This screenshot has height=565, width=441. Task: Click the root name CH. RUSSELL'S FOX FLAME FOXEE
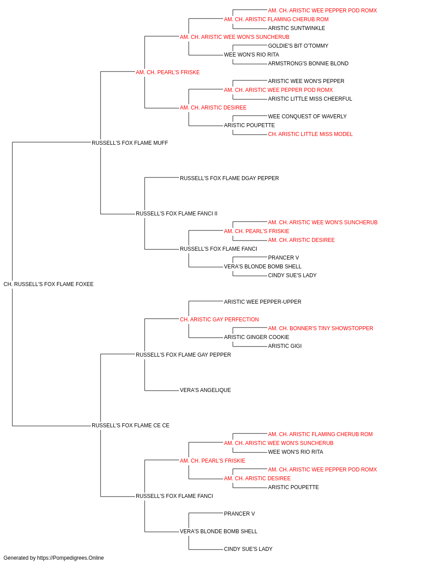coord(49,284)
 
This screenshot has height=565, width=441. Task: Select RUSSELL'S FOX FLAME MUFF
coord(130,143)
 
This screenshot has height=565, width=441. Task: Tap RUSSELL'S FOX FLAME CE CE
coord(131,426)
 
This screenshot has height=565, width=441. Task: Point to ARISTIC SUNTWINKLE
coord(296,28)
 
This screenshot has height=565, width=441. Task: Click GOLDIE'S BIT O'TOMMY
coord(298,46)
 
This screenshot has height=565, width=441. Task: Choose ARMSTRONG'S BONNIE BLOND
coord(308,64)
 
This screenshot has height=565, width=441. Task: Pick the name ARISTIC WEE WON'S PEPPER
coord(306,81)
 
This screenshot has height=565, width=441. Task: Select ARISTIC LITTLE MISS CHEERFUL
coord(310,99)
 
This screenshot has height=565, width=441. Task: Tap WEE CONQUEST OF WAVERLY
coord(307,117)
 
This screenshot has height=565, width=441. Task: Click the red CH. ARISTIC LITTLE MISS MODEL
coord(310,134)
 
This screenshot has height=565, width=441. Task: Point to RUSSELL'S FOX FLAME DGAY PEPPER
coord(229,178)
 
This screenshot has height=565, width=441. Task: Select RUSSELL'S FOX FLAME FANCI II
coord(176,214)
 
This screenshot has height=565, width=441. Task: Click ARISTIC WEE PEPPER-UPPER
coord(262,302)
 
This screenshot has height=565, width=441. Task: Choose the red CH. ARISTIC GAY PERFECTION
coord(220,320)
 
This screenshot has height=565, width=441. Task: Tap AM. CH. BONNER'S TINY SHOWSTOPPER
coord(321,328)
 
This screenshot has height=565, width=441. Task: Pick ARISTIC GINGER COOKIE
coord(257,337)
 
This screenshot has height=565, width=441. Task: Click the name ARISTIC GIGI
coord(285,346)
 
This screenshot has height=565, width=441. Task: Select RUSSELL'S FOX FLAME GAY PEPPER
coord(183,355)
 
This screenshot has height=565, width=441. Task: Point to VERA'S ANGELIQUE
coord(206,390)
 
